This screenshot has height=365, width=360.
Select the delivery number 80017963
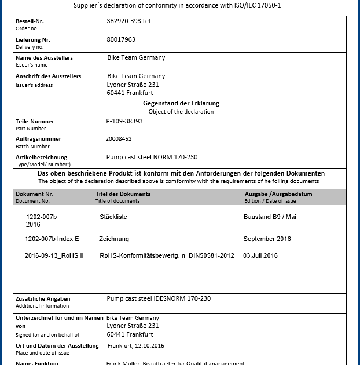coord(121,40)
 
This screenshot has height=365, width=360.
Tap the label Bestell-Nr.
coord(30,21)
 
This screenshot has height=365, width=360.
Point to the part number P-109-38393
coord(124,122)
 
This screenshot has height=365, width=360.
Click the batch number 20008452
coord(119,139)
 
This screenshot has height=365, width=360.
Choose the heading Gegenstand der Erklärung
coord(181,103)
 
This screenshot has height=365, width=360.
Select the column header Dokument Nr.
coord(35,194)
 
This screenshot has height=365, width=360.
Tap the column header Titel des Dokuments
coord(123,194)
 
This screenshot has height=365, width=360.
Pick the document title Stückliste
coord(113,217)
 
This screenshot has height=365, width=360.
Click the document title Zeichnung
coord(114,239)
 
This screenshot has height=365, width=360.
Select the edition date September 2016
coord(267,239)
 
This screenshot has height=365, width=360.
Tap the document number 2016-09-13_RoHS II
coord(54,256)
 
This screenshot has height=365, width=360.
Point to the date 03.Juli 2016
coord(260,256)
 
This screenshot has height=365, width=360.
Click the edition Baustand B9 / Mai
coord(270,217)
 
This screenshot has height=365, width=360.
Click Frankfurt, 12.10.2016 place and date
coord(136,346)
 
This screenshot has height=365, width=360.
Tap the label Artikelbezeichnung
coord(41,157)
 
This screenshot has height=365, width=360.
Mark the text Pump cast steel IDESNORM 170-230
coord(159,299)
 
